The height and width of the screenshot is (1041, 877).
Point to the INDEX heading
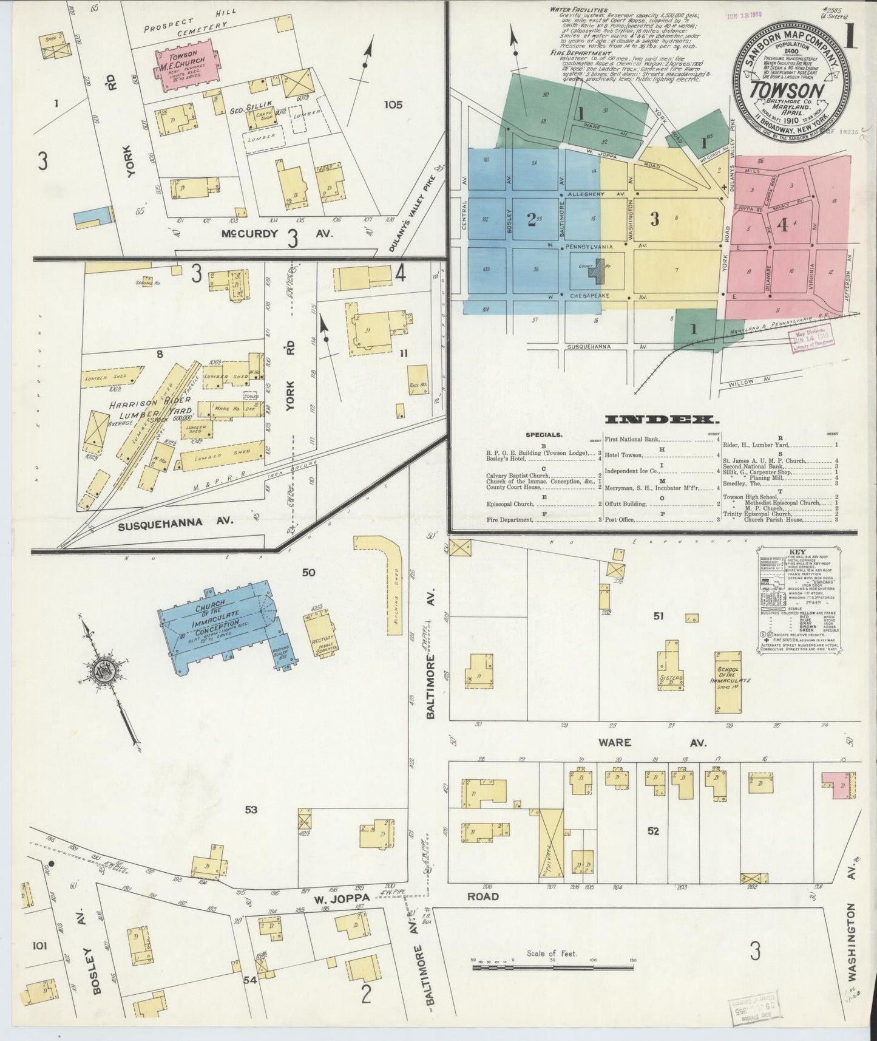point(662,420)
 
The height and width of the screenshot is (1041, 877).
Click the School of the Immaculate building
point(731,682)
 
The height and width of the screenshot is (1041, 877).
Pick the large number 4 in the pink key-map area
point(783,226)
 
